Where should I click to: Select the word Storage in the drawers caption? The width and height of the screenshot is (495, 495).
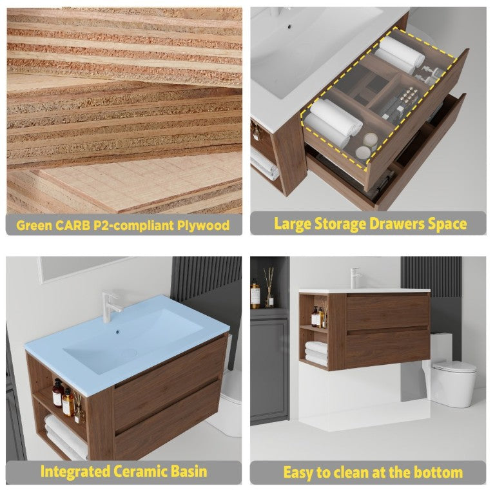pos(340,224)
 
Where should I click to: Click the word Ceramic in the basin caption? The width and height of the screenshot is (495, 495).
pos(141,471)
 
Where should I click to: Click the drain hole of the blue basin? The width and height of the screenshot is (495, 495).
pos(118,332)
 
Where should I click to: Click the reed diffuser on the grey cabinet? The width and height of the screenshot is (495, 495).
pos(269,288)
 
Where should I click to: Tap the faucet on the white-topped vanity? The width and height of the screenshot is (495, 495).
pos(356,278)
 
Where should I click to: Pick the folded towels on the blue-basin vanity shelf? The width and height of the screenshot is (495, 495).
pos(66,437)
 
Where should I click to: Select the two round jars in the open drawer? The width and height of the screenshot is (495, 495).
pos(367,146)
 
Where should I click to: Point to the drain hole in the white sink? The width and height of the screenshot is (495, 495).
pos(289,26)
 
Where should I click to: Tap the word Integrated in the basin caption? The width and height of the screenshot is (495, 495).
pos(75,472)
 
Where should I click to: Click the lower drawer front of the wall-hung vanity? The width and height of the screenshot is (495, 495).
pos(388,347)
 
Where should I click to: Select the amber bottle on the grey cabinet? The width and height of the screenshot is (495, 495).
pos(255,293)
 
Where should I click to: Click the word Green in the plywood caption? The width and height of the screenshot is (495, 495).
pos(34,226)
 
